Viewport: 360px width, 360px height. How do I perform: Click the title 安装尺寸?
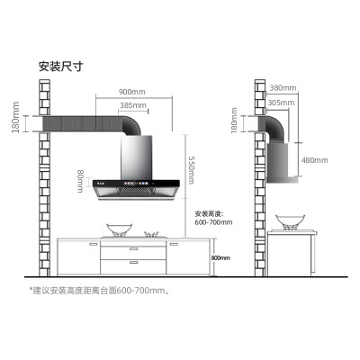click(x=60, y=67)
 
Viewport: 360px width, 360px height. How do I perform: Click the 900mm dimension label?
click(x=131, y=92)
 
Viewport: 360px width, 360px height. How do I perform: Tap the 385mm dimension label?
click(x=133, y=105)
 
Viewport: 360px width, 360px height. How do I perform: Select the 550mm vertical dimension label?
click(x=191, y=170)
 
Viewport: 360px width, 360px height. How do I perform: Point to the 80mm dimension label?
click(x=80, y=181)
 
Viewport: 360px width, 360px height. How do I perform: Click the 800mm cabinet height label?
click(x=220, y=257)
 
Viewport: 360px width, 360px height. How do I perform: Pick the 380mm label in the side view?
click(x=283, y=88)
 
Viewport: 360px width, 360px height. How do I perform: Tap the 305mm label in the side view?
click(x=281, y=103)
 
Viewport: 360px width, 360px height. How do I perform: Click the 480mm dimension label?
click(x=315, y=160)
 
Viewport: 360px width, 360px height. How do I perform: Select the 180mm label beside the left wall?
click(x=15, y=117)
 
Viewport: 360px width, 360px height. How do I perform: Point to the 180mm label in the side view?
click(x=234, y=120)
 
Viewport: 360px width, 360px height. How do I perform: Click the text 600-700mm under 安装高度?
click(x=213, y=222)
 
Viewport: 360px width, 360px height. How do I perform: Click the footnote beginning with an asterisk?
click(x=99, y=291)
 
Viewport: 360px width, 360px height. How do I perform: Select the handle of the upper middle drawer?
click(x=133, y=248)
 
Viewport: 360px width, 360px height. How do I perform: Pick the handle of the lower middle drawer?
click(x=133, y=262)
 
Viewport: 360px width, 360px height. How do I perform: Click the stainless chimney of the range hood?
click(x=137, y=157)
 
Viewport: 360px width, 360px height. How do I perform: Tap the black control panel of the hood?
click(x=136, y=183)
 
